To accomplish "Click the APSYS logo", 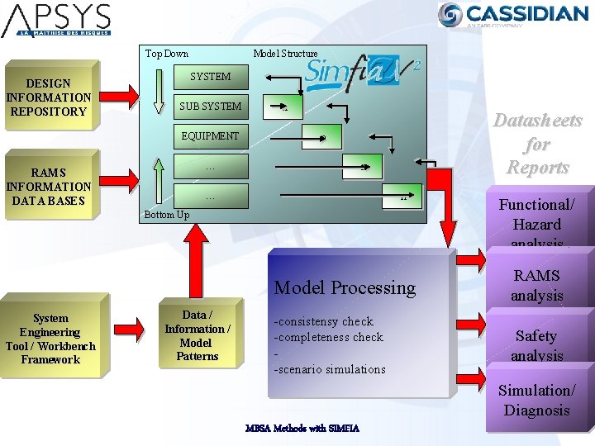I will (56, 21).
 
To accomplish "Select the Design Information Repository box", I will (49, 97).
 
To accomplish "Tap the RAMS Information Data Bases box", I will (49, 187).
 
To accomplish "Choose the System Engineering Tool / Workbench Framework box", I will (50, 339).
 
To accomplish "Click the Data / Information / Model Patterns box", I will (198, 335).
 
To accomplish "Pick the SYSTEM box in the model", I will (211, 77).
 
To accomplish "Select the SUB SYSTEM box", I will (211, 107).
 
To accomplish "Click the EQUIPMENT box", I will (211, 136).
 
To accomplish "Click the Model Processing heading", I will (345, 287).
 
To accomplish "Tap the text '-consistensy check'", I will (324, 321).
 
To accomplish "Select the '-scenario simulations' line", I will (330, 369).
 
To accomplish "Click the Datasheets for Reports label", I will (537, 145).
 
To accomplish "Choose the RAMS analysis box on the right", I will (537, 285).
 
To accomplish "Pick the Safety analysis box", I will (536, 345).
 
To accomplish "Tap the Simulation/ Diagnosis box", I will (537, 401).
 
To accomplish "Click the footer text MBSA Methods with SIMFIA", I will (302, 428).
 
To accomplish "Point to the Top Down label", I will (167, 54).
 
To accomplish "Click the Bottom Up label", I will (167, 215).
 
